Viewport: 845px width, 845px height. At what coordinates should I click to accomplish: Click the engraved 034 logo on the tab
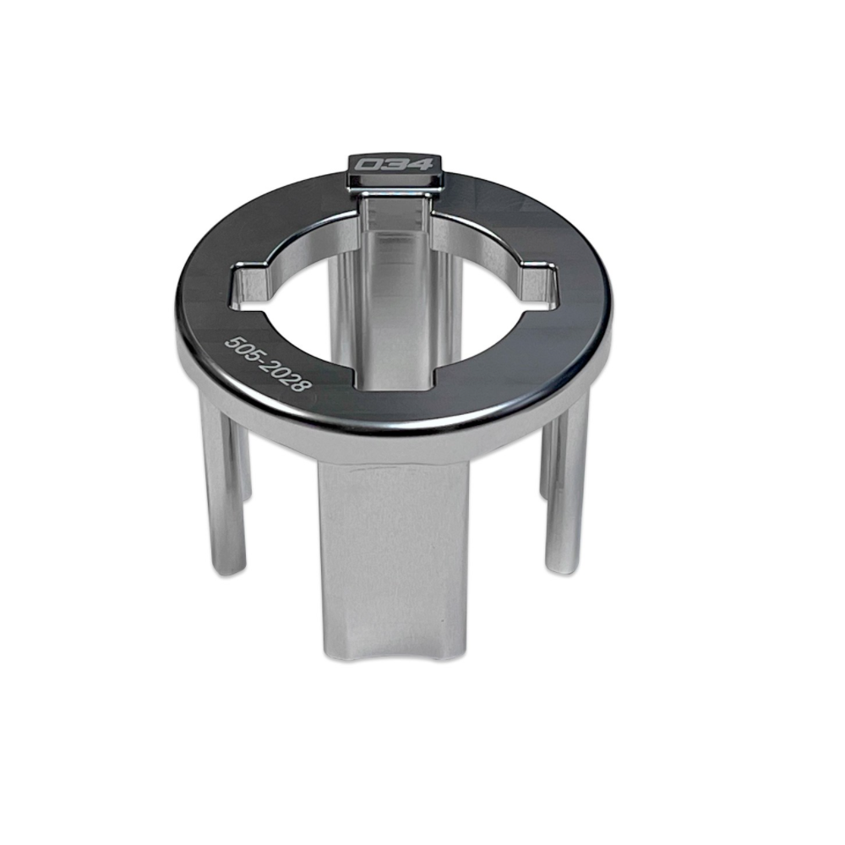click(395, 163)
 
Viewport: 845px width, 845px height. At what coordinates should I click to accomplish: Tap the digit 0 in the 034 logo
click(370, 164)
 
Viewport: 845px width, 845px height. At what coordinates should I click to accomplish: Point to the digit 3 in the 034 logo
click(395, 163)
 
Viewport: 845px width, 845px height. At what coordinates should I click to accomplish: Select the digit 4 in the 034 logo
click(419, 163)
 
